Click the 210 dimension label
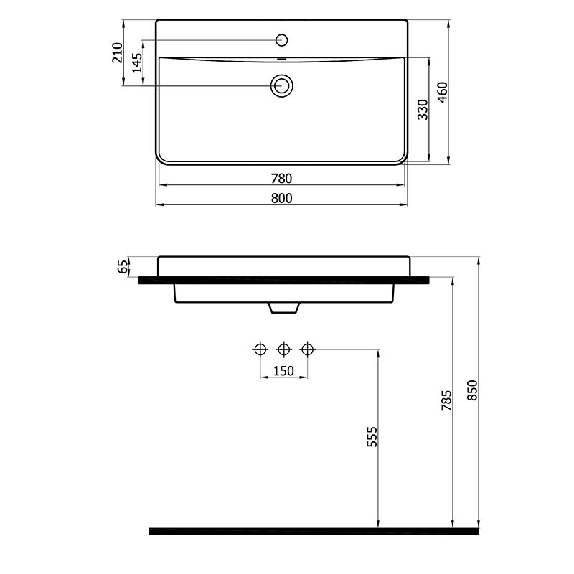(118, 52)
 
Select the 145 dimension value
(137, 62)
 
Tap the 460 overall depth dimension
(443, 92)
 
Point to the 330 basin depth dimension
(423, 109)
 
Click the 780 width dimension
(281, 178)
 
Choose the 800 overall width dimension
(281, 198)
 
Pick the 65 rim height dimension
(123, 266)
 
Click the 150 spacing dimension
(283, 371)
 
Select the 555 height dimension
(372, 436)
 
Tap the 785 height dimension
(446, 400)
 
